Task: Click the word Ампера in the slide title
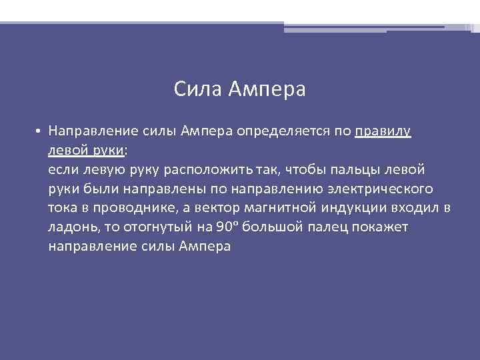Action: point(267,89)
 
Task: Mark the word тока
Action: point(63,208)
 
